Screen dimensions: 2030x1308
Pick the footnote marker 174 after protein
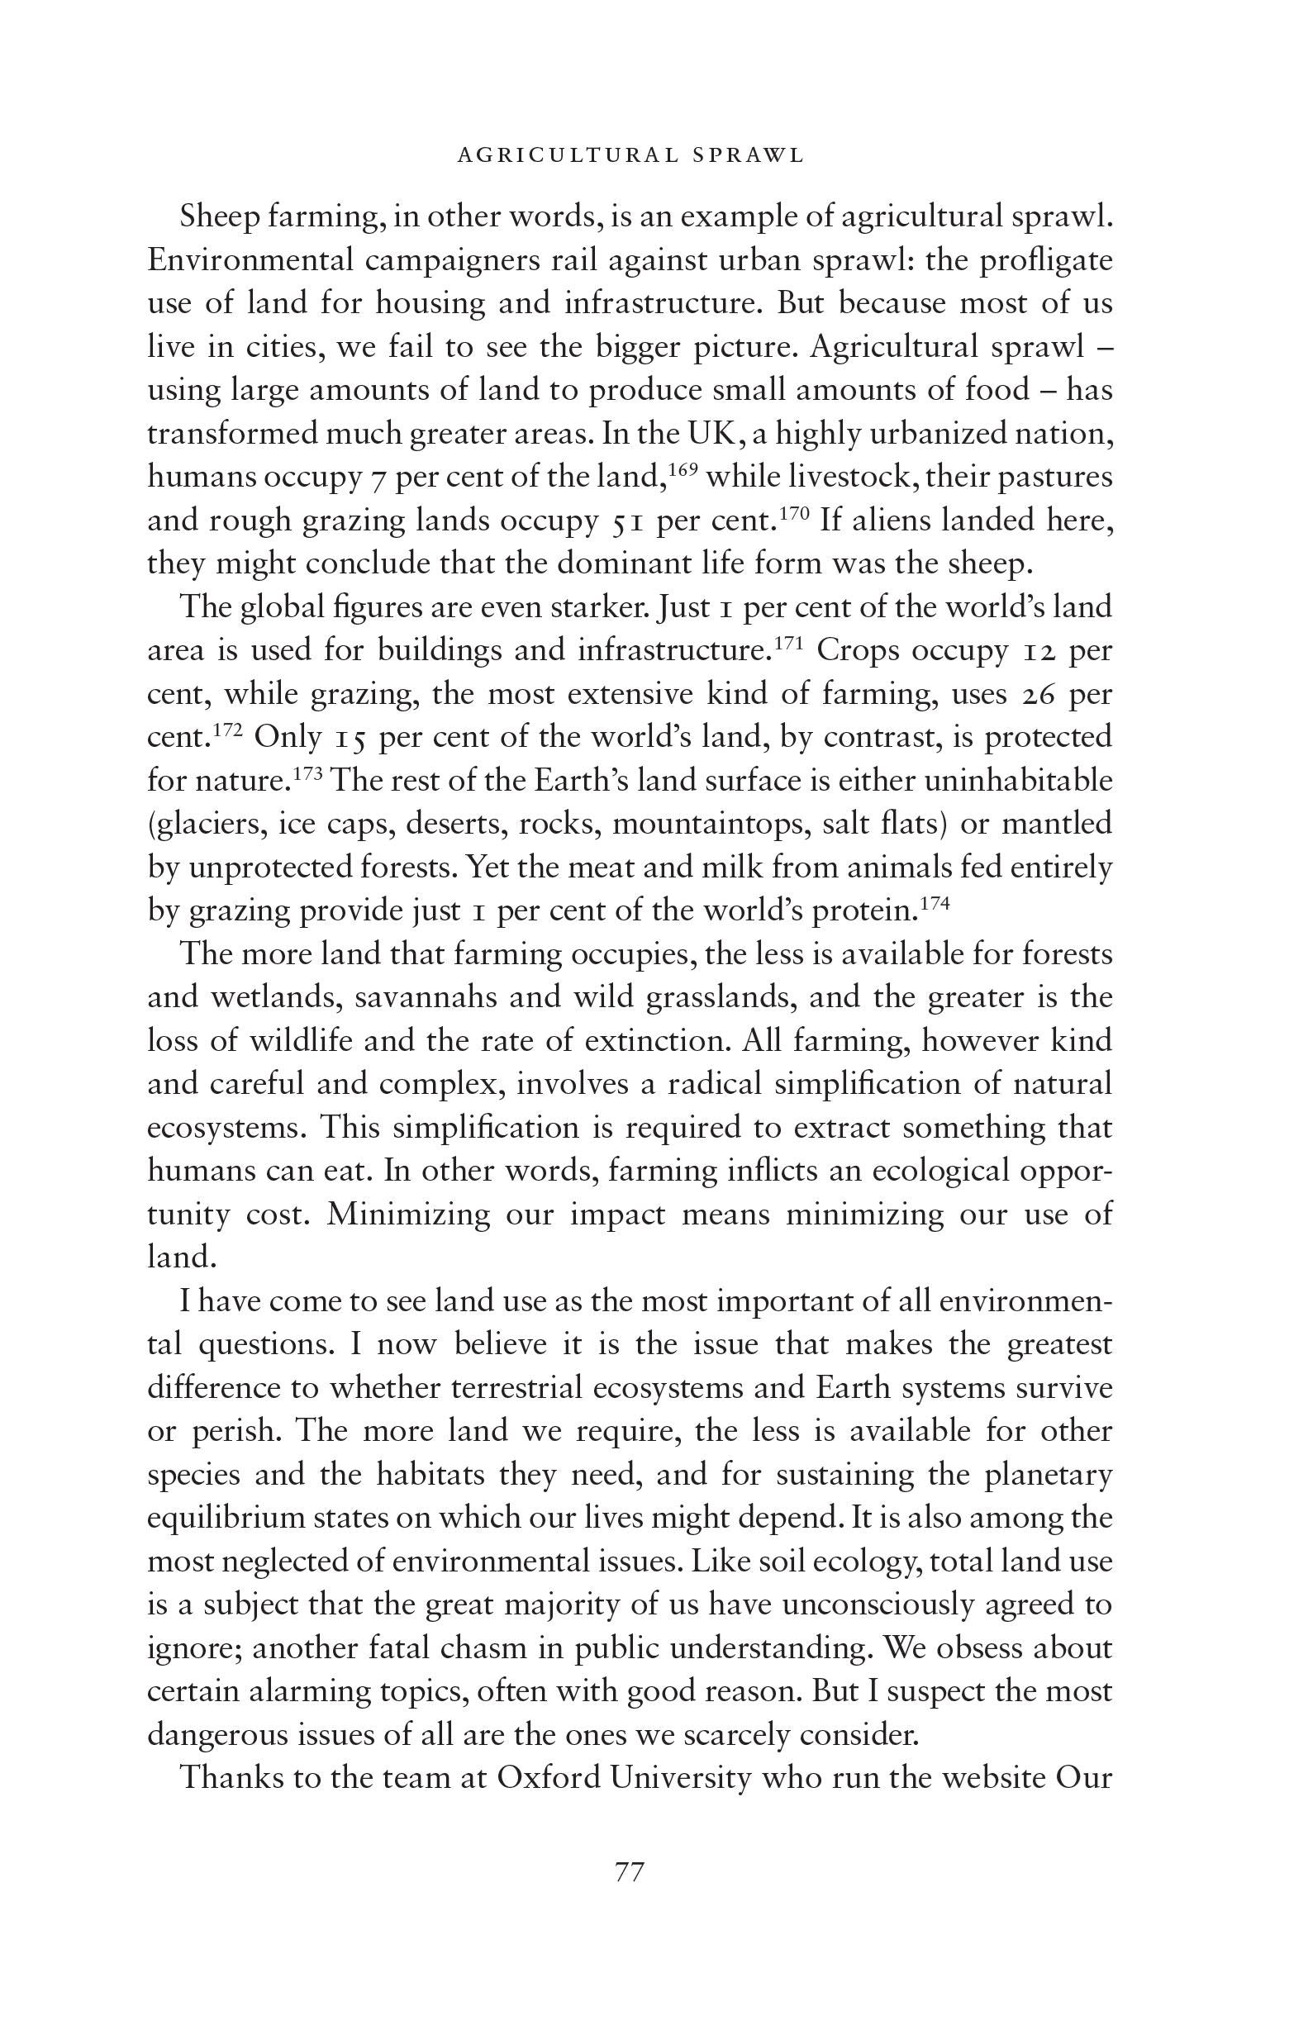(935, 901)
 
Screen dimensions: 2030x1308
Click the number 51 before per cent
(629, 521)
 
